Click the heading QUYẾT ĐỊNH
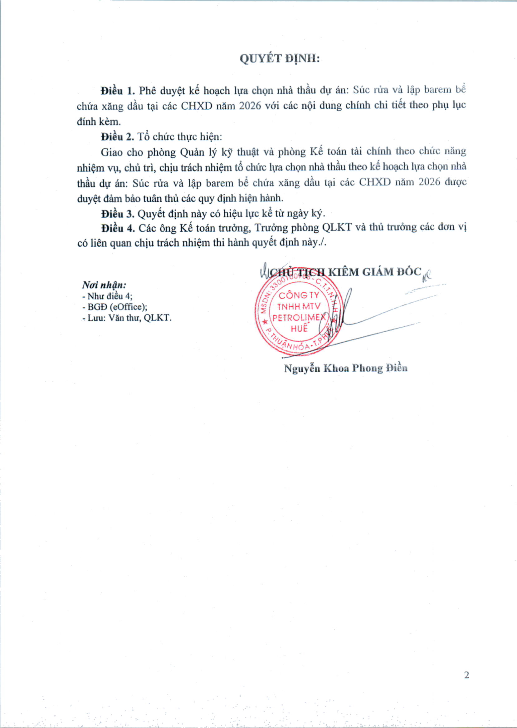[x=279, y=59]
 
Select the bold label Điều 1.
[x=118, y=91]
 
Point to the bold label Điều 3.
[x=118, y=213]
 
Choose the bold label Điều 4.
[x=118, y=228]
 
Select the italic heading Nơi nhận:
[x=104, y=285]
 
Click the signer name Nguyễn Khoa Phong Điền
[x=346, y=368]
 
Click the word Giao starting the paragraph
[x=111, y=152]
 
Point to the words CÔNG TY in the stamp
[x=299, y=295]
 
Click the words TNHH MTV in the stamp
[x=299, y=306]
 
